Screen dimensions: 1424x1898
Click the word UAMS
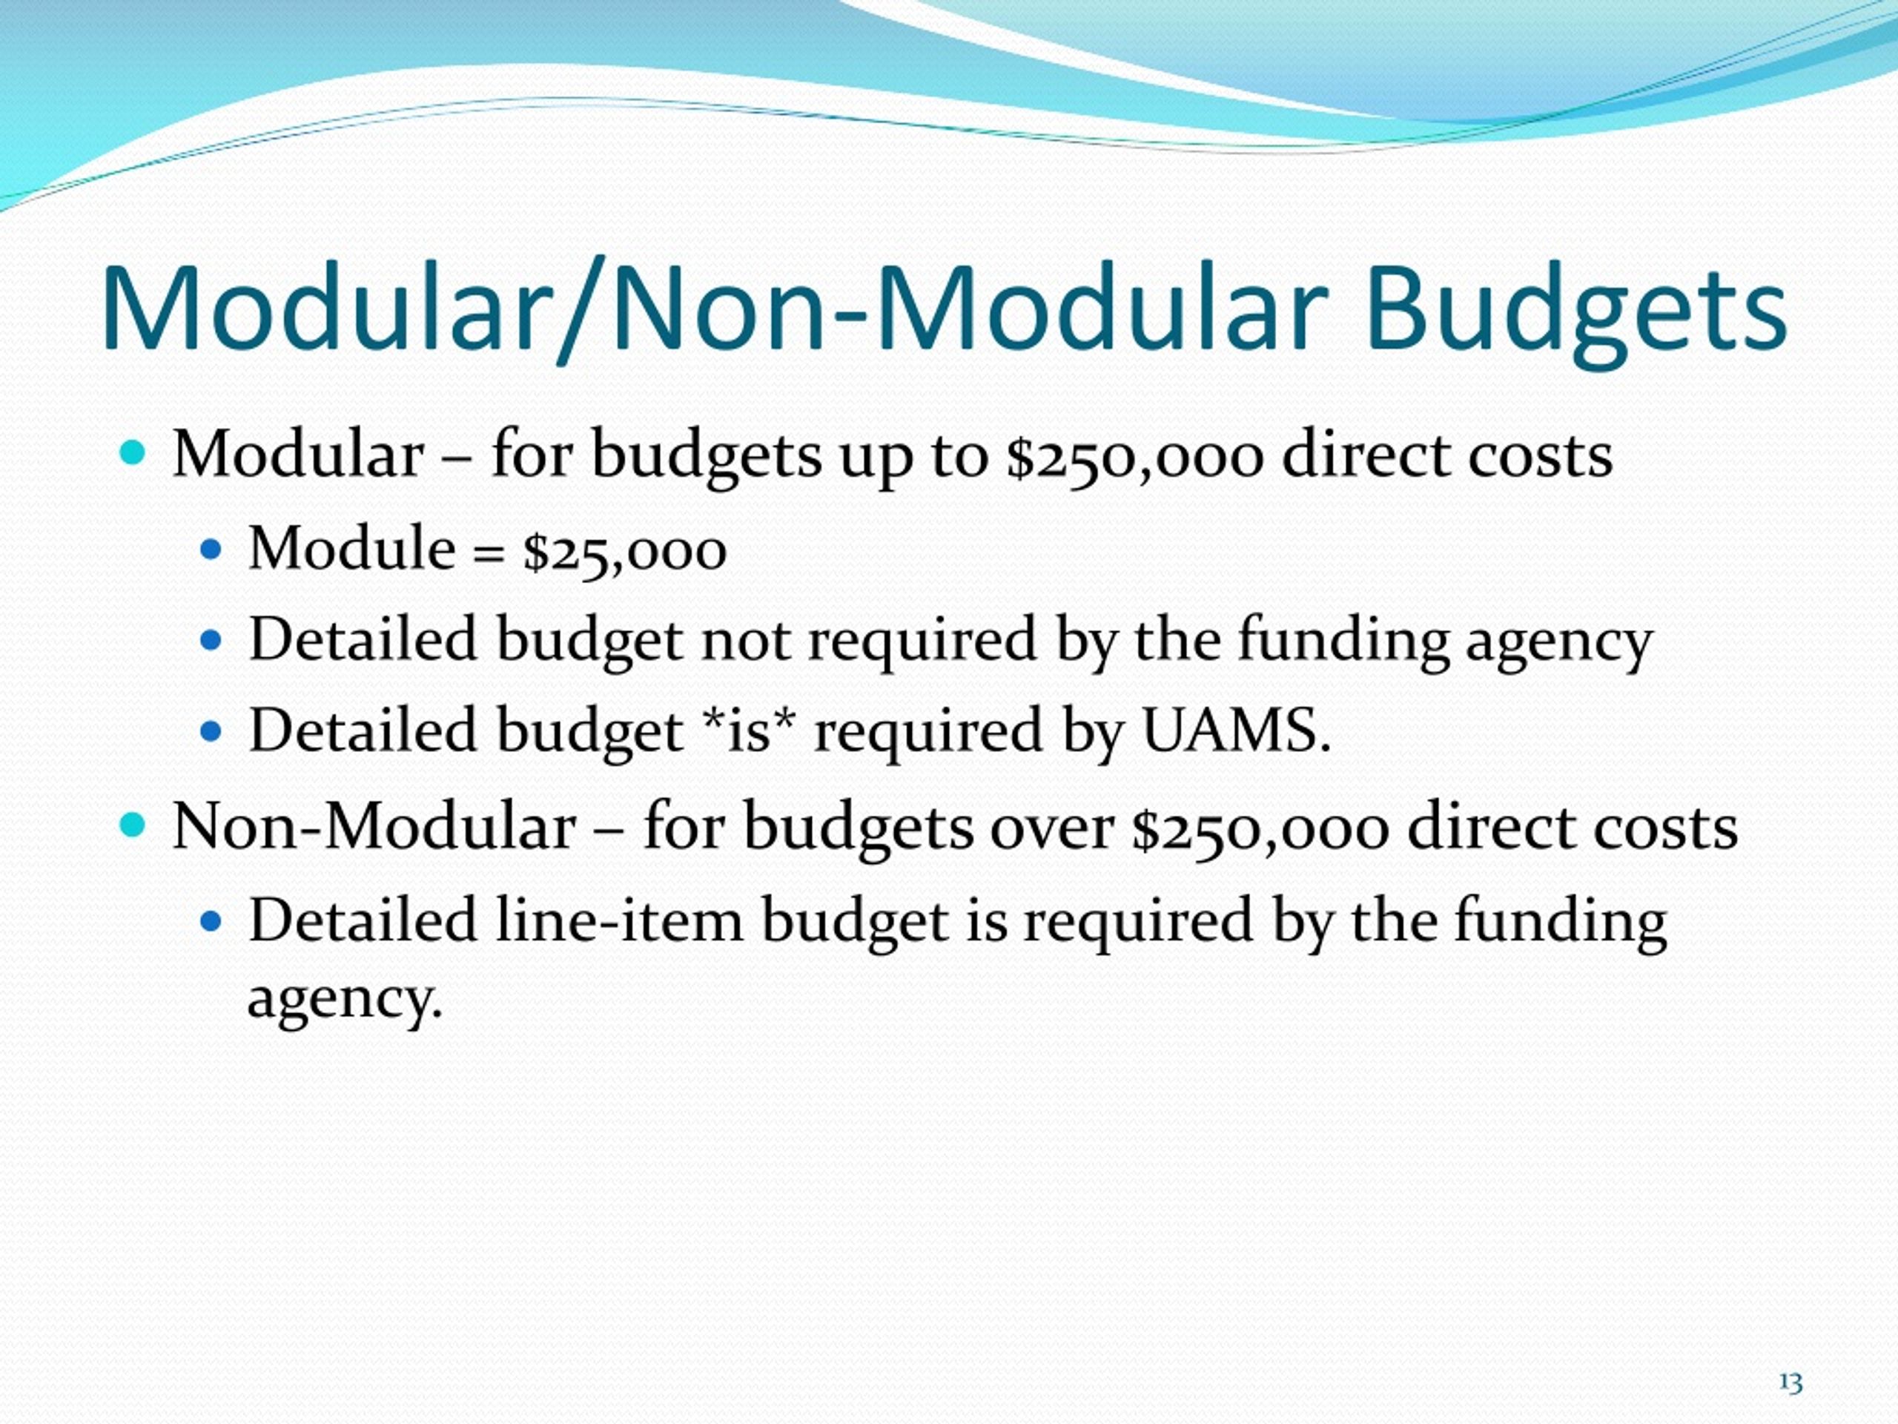pos(1236,731)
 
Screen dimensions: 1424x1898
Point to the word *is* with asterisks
pos(748,731)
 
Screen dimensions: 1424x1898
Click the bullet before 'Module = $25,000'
pos(211,550)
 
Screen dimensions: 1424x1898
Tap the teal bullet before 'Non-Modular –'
pos(133,825)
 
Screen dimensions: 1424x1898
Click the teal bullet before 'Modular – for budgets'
pos(133,452)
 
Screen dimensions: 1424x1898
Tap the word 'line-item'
pos(618,920)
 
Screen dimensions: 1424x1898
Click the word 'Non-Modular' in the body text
pos(373,828)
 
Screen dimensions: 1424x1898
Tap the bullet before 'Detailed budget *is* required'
pos(211,731)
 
